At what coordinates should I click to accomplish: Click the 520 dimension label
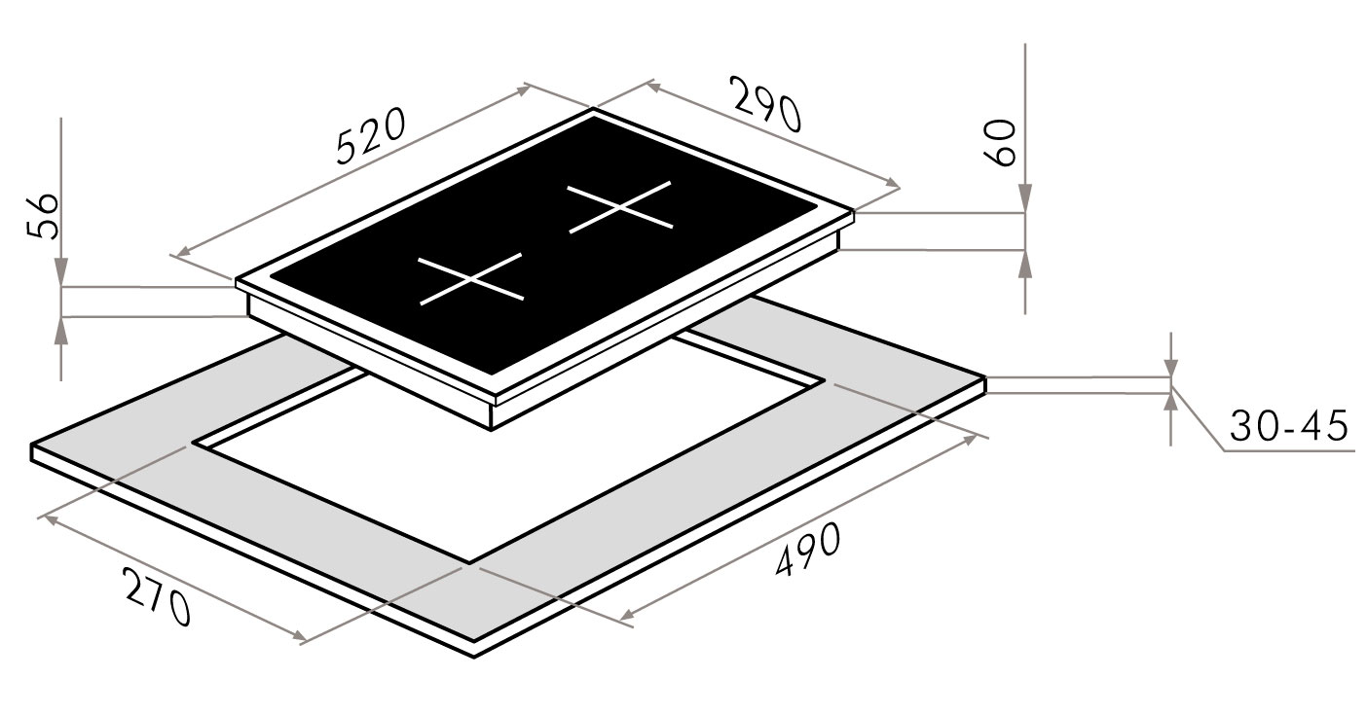coord(371,136)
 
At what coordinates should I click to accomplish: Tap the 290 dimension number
coord(767,105)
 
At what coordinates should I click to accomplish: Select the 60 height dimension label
coord(1001,142)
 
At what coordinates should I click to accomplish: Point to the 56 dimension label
coord(44,216)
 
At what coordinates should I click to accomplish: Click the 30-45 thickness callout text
coord(1289,426)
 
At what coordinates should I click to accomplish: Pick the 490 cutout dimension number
coord(808,549)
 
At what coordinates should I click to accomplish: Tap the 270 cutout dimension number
coord(158,596)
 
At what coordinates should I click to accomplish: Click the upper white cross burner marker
coord(620,207)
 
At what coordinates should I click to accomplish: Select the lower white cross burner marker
coord(470,278)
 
